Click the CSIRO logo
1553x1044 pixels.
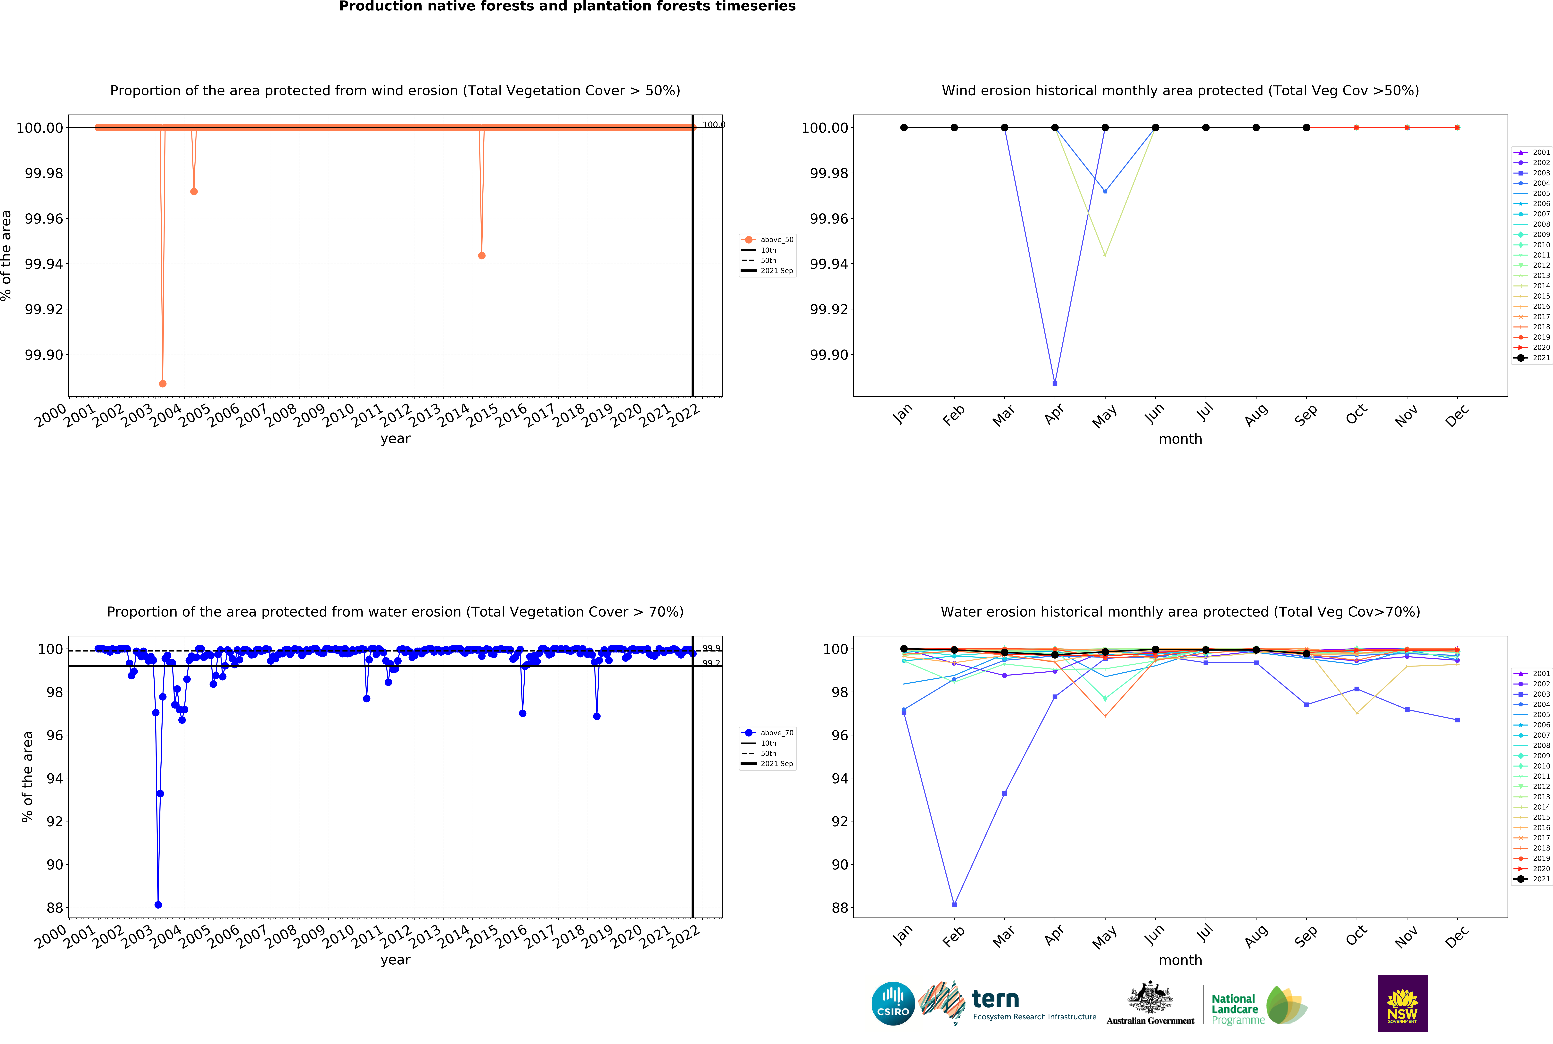click(x=893, y=1003)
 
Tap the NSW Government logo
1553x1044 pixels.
click(x=1402, y=1003)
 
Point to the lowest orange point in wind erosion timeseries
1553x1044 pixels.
click(x=162, y=384)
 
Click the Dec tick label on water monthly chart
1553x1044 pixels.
click(x=1456, y=937)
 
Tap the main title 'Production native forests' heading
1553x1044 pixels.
click(x=567, y=7)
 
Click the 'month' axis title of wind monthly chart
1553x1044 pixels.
click(x=1180, y=439)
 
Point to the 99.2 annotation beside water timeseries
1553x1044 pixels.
click(x=711, y=663)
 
